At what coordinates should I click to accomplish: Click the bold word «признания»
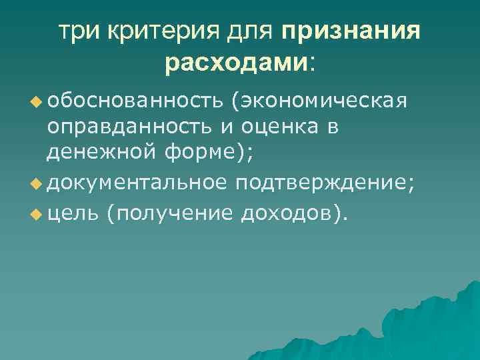point(351,32)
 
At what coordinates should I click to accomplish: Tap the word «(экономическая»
point(319,102)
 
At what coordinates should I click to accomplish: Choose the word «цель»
point(73,213)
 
